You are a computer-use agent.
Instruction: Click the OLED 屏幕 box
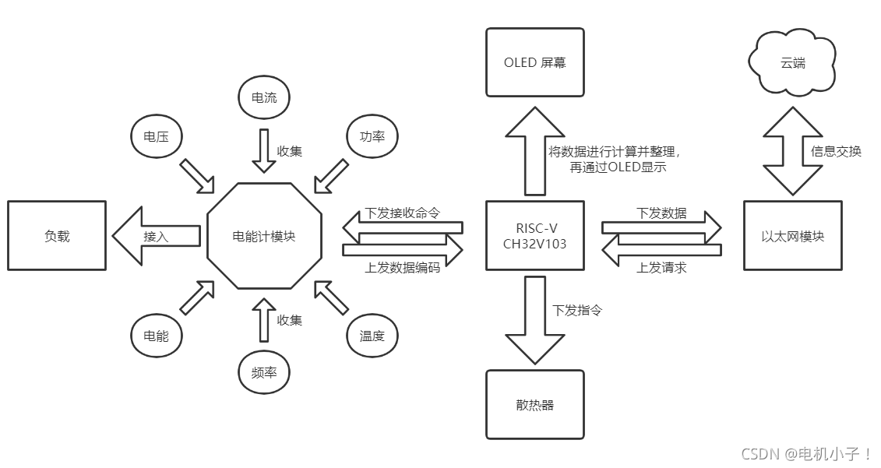click(x=534, y=62)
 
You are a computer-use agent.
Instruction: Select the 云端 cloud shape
click(x=792, y=62)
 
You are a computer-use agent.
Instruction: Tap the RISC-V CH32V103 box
click(x=534, y=235)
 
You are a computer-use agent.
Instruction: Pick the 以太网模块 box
click(x=792, y=235)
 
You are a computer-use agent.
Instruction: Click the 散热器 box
click(x=534, y=404)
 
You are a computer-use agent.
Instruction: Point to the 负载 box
click(x=57, y=235)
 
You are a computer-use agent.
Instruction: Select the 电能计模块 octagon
click(x=264, y=235)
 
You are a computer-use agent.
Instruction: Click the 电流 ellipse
click(x=263, y=98)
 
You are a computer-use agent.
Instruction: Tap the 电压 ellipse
click(x=156, y=137)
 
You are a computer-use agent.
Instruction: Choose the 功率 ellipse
click(x=372, y=137)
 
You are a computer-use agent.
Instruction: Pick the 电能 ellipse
click(x=156, y=336)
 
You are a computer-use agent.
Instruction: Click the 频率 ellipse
click(x=263, y=374)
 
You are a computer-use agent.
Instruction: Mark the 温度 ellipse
click(x=372, y=336)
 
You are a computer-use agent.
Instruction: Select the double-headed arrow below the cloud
click(x=792, y=152)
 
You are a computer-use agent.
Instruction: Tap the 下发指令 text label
click(x=577, y=311)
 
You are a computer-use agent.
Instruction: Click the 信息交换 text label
click(x=836, y=152)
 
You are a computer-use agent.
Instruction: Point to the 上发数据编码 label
click(x=403, y=268)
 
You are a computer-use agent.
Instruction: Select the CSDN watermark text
click(x=805, y=454)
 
